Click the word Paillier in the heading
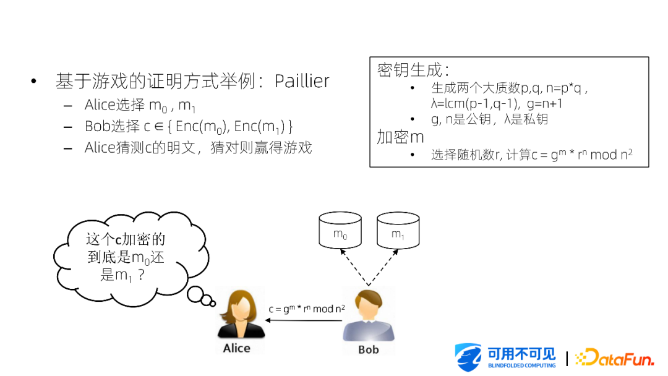pyautogui.click(x=302, y=81)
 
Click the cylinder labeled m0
pyautogui.click(x=340, y=230)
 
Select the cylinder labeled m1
pyautogui.click(x=398, y=230)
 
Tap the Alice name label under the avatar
pyautogui.click(x=237, y=348)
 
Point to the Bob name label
pyautogui.click(x=369, y=349)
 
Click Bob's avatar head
pyautogui.click(x=369, y=304)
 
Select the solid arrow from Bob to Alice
pyautogui.click(x=304, y=320)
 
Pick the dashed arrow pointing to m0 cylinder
pyautogui.click(x=354, y=267)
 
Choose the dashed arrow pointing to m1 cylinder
pyautogui.click(x=383, y=267)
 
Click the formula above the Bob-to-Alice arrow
pyautogui.click(x=307, y=309)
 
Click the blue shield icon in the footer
pyautogui.click(x=468, y=357)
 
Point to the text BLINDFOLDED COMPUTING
pyautogui.click(x=522, y=365)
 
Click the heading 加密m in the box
pyautogui.click(x=400, y=137)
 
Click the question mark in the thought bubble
pyautogui.click(x=142, y=275)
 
